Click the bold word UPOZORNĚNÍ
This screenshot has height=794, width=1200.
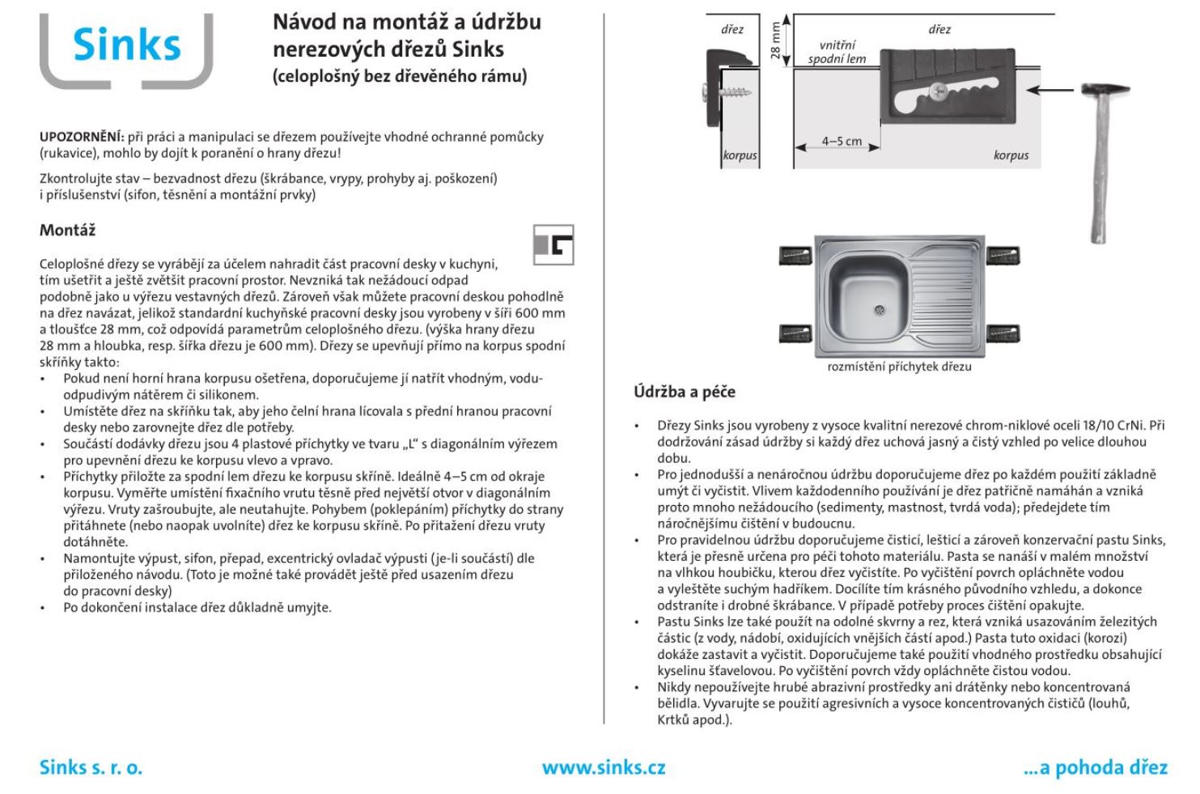(x=82, y=137)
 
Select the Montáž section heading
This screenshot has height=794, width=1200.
(x=68, y=231)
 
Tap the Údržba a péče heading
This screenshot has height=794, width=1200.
(x=685, y=393)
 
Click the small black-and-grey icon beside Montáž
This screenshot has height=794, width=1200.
(x=553, y=244)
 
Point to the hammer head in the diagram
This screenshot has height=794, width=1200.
(x=1105, y=89)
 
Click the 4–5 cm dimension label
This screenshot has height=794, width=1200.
(x=842, y=141)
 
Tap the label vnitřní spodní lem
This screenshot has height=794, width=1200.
(x=837, y=53)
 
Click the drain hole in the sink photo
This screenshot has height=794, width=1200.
(x=880, y=310)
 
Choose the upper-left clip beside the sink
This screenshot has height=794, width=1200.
(x=795, y=257)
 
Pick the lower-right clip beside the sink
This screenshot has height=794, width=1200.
(x=1003, y=334)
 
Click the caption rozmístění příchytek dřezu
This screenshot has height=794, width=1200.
(x=899, y=367)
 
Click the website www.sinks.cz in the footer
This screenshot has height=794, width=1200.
(x=604, y=767)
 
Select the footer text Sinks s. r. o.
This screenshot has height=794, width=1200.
(x=91, y=767)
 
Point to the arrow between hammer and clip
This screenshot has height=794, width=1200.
(x=1052, y=90)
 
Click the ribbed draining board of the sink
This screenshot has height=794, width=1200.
(x=943, y=295)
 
